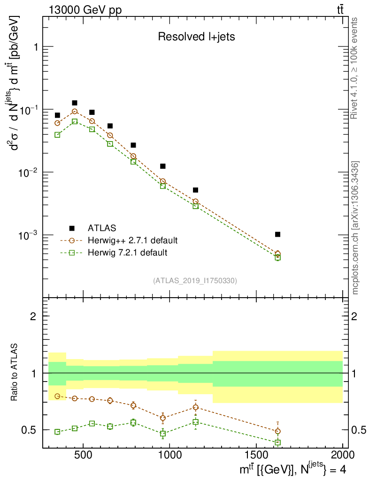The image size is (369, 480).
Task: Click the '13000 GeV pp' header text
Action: click(84, 9)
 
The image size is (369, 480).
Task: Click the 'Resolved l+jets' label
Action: click(196, 37)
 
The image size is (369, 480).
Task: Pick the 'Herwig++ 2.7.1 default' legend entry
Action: click(132, 240)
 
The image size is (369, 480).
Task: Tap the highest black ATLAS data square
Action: click(74, 103)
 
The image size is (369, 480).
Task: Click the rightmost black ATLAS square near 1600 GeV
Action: click(277, 234)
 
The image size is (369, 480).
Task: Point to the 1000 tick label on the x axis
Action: click(170, 454)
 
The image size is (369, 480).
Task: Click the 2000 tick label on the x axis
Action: click(342, 454)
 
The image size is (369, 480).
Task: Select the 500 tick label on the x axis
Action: click(83, 454)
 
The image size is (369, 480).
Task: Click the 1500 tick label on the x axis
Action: click(256, 454)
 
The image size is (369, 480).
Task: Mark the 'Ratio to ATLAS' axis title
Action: click(15, 373)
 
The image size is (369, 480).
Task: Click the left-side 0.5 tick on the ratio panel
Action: click(30, 430)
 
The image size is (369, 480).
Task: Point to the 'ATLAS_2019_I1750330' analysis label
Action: click(195, 281)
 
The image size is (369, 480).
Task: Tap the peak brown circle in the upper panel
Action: click(74, 112)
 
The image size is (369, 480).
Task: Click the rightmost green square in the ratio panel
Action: click(277, 442)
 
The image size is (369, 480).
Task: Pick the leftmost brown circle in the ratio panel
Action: click(57, 396)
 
